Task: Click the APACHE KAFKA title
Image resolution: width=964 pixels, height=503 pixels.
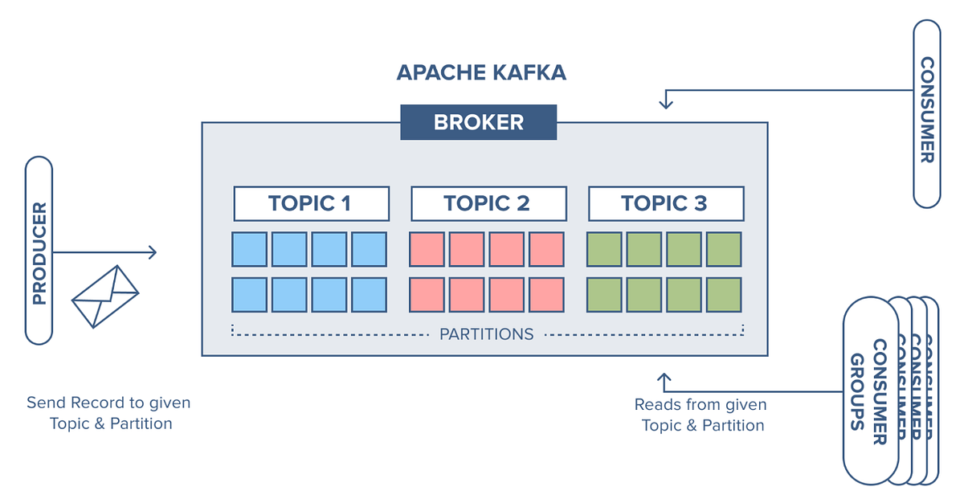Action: [x=481, y=72]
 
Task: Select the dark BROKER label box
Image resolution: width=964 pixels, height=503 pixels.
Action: [x=479, y=123]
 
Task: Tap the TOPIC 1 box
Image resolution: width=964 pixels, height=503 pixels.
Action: [x=311, y=204]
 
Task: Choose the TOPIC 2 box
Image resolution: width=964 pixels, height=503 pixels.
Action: [x=488, y=204]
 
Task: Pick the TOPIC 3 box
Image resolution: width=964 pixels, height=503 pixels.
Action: [x=666, y=204]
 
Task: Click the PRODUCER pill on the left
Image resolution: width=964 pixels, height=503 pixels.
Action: [x=39, y=250]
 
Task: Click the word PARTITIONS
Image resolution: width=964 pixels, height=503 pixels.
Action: [x=486, y=333]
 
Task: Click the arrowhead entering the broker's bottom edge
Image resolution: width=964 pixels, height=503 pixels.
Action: [x=664, y=376]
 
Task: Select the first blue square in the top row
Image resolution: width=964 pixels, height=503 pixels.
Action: [x=249, y=249]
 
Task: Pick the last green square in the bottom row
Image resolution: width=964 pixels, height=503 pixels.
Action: [x=724, y=295]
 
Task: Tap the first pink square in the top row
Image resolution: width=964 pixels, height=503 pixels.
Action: [x=427, y=249]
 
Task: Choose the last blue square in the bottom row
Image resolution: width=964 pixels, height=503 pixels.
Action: [x=369, y=295]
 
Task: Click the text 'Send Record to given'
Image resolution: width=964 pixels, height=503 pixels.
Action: [x=108, y=403]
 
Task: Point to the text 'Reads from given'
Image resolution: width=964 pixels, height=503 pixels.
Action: [x=701, y=404]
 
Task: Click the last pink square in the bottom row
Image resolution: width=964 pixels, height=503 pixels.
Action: [x=546, y=295]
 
